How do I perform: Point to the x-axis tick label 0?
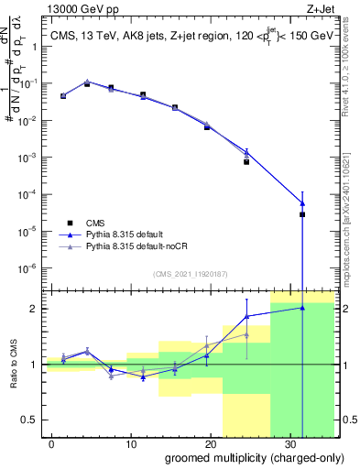coord(53,442)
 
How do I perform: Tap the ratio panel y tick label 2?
coord(36,309)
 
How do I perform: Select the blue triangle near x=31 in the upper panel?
coord(302,203)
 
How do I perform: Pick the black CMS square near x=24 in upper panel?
coord(246,161)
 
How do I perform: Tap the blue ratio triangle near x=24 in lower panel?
coord(246,316)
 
